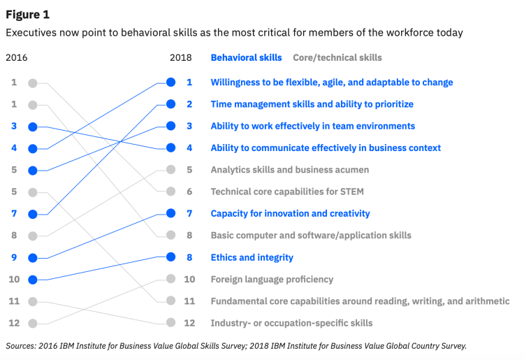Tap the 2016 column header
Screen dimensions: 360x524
pos(17,57)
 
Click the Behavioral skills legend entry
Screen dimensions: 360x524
pos(246,57)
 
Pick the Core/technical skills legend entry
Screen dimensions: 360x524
pos(337,57)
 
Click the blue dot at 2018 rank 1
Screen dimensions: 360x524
pos(171,82)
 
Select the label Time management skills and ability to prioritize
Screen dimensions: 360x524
pos(312,104)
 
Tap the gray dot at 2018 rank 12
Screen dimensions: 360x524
pos(171,323)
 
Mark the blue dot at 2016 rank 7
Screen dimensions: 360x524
pos(32,214)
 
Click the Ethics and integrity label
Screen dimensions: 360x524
pos(252,257)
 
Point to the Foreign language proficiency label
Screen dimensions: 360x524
pos(272,279)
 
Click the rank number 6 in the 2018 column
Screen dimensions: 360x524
pos(189,192)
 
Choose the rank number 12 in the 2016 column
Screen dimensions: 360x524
pos(14,323)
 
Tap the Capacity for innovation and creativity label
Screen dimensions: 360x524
pos(290,213)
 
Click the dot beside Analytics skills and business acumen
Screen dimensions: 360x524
pos(171,170)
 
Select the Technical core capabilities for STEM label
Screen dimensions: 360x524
pos(287,192)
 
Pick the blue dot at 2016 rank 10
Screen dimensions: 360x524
pos(32,280)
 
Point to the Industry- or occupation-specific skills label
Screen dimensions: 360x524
pos(291,323)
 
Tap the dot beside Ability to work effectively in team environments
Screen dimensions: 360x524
pos(171,126)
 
